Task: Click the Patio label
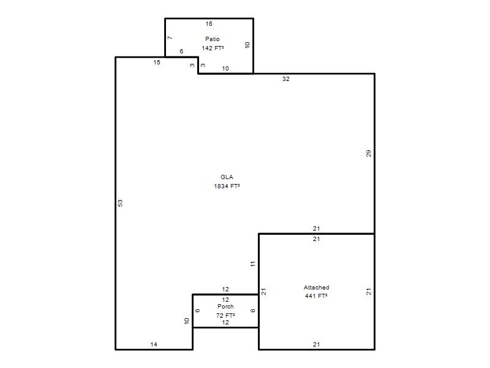(x=213, y=39)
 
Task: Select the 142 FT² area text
(x=213, y=48)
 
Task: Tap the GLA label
(x=227, y=177)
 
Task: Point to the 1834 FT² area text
(x=227, y=186)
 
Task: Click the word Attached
(x=317, y=287)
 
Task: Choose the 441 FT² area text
(x=316, y=296)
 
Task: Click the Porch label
(x=225, y=307)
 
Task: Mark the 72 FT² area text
(x=225, y=315)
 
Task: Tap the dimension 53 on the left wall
(x=120, y=203)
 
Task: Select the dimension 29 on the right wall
(x=369, y=154)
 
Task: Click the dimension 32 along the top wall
(x=286, y=79)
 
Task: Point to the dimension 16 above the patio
(x=209, y=24)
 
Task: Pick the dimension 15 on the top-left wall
(x=157, y=63)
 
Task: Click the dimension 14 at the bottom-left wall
(x=154, y=345)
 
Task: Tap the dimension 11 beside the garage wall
(x=253, y=264)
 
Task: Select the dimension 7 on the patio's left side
(x=170, y=38)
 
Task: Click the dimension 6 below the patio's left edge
(x=181, y=52)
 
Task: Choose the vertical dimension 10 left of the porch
(x=187, y=321)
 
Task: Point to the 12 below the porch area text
(x=225, y=323)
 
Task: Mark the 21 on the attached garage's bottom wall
(x=317, y=345)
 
